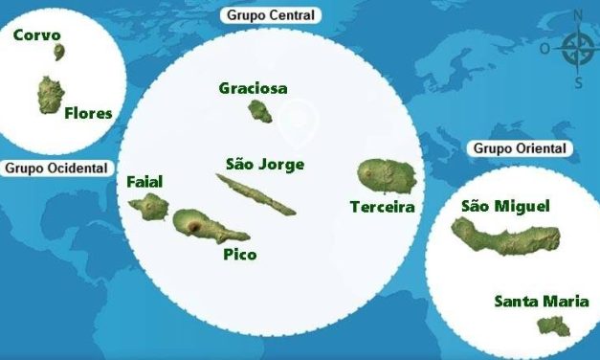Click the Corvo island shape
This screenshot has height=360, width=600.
(x=59, y=52)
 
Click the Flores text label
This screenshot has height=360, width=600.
(x=88, y=113)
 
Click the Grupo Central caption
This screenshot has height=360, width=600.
(x=271, y=15)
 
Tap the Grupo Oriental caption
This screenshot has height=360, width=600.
(x=520, y=148)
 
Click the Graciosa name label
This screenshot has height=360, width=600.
(x=253, y=88)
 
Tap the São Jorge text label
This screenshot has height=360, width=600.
(x=265, y=164)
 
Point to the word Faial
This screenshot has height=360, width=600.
(x=144, y=181)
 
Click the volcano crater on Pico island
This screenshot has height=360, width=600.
(x=194, y=228)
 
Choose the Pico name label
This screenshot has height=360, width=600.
(x=239, y=255)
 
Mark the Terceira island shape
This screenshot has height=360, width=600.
(x=385, y=174)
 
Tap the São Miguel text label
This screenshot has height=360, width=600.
(x=505, y=205)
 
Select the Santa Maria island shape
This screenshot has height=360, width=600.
(x=552, y=326)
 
